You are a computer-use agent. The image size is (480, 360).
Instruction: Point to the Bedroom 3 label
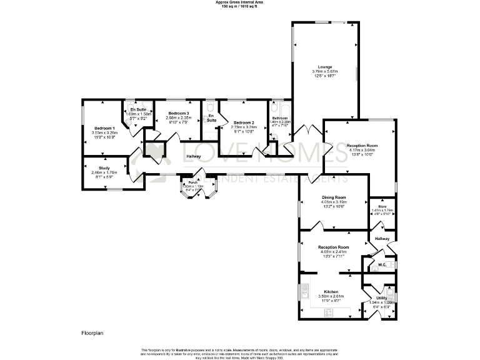click(x=178, y=112)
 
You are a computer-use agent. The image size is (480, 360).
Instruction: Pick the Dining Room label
click(x=333, y=197)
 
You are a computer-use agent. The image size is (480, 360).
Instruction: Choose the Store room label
click(x=382, y=206)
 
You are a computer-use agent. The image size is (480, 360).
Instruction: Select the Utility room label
click(x=381, y=297)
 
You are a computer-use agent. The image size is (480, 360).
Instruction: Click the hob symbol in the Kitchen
click(x=327, y=313)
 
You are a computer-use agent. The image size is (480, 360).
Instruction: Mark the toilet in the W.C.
click(x=390, y=265)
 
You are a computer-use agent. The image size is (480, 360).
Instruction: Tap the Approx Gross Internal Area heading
click(x=239, y=2)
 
